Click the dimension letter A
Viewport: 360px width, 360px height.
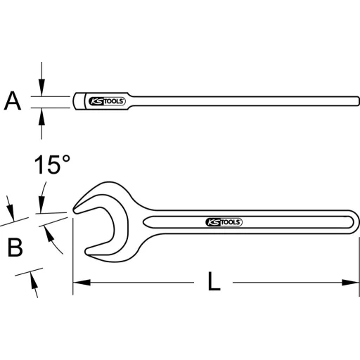pos(11,102)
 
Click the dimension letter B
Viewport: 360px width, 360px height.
pos(15,247)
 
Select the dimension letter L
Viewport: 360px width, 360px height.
pos(214,282)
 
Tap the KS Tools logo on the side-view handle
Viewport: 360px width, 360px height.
pos(108,101)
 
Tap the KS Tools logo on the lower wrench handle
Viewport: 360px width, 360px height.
pos(224,221)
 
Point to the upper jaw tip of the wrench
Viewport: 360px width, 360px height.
pos(76,207)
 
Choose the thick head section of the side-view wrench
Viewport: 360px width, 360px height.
pos(80,102)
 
